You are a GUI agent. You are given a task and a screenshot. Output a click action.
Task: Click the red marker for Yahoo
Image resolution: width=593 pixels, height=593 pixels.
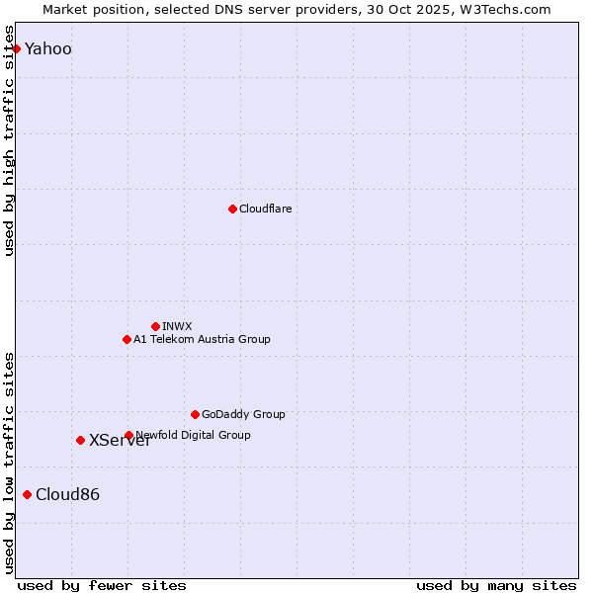coord(16,48)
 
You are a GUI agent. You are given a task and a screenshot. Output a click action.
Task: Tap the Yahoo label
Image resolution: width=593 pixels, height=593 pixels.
coord(48,49)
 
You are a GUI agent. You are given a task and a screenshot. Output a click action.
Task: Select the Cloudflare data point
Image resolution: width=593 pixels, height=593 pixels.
coord(232,209)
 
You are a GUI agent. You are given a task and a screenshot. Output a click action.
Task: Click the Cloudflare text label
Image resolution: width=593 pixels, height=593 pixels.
coord(265,209)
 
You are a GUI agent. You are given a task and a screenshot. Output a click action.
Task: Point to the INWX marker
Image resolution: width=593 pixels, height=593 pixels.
coord(155,326)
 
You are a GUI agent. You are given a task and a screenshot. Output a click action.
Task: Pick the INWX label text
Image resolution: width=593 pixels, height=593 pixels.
coord(177,326)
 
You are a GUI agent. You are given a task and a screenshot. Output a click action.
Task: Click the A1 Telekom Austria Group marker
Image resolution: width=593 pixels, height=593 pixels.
coord(127,339)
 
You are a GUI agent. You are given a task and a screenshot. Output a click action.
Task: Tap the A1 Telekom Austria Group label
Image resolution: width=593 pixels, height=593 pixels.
coord(202,339)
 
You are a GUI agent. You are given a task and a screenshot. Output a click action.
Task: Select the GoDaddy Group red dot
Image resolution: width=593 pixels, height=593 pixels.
coord(195,414)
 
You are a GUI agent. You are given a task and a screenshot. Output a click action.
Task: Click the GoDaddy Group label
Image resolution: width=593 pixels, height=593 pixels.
coord(243,414)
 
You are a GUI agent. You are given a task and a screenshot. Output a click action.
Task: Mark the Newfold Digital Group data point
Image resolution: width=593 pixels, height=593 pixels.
coord(128,435)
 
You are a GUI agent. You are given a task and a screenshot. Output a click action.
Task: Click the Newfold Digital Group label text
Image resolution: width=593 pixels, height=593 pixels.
coord(194,435)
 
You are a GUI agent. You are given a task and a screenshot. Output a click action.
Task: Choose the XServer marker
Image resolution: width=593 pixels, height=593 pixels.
coord(80,440)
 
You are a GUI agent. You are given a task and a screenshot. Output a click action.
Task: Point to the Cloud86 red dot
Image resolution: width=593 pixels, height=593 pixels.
coord(27,494)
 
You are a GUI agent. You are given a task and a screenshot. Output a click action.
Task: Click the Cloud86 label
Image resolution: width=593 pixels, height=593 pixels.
coord(67,495)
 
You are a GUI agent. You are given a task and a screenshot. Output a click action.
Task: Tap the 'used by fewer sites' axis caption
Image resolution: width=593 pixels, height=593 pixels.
coord(102,585)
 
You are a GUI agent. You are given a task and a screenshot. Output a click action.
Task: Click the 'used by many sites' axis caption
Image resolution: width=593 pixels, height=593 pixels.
coord(496,585)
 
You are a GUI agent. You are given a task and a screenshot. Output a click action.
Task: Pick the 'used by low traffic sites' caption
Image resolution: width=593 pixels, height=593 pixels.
coord(10,463)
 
